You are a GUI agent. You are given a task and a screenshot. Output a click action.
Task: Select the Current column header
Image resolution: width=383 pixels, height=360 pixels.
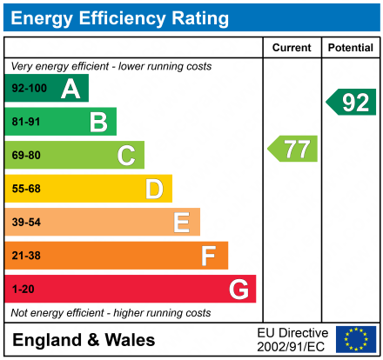pos(292,48)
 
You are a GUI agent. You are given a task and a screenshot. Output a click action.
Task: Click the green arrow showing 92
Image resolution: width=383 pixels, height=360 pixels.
pos(352,102)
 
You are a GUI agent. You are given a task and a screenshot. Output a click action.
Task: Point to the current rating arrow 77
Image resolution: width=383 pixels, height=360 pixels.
pos(293,149)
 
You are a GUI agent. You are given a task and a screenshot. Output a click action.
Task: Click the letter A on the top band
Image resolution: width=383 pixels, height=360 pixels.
pos(71,89)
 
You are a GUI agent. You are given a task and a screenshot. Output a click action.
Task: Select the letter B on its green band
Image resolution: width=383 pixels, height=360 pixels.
pos(98,122)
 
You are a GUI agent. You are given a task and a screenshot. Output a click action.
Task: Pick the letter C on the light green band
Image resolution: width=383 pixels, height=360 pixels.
pos(126,156)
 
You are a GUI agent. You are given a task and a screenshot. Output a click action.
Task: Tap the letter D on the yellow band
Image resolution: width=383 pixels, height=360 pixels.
pos(154,189)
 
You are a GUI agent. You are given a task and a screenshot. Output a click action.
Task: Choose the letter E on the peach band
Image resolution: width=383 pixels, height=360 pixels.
pos(181,223)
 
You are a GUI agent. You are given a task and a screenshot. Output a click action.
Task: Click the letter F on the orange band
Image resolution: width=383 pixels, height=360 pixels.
pos(209,256)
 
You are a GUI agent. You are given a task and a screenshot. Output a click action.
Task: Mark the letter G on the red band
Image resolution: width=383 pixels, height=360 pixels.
pos(238,289)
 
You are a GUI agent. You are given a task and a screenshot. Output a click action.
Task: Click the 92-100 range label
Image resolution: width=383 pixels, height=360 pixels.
pos(28,89)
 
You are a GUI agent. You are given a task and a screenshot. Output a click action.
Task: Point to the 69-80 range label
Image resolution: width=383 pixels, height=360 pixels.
pos(26,156)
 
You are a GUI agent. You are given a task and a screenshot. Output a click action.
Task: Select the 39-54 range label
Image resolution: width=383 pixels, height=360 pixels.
pos(26,223)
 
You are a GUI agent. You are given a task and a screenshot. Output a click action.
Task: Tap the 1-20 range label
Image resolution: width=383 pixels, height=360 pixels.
pos(23,289)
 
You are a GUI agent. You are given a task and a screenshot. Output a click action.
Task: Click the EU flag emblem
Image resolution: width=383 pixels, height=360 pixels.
pos(356,339)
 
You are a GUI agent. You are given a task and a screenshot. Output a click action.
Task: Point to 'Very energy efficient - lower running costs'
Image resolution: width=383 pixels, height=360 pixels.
pos(111,66)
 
